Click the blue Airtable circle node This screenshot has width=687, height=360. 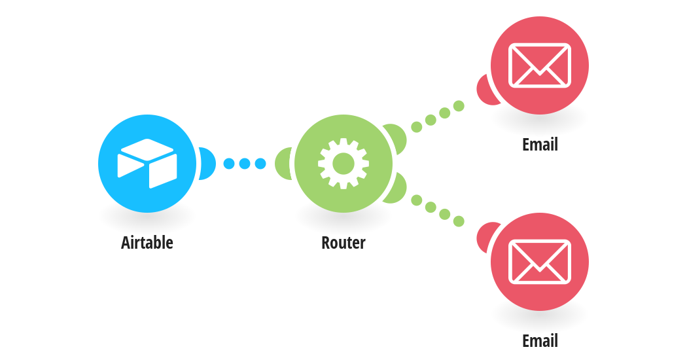tap(147, 164)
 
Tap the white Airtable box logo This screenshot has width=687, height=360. tap(147, 164)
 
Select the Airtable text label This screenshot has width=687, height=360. tap(147, 242)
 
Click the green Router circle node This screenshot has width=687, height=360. tap(343, 164)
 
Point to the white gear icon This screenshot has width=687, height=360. tap(343, 164)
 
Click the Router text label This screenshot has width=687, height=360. tap(343, 242)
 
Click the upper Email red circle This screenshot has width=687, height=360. tap(540, 65)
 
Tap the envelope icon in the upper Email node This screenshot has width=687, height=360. tap(540, 65)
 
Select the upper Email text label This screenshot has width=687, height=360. tap(540, 144)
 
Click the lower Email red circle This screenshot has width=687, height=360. tap(540, 262)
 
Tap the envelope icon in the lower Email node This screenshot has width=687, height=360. tap(540, 262)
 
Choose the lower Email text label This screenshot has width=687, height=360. tap(540, 341)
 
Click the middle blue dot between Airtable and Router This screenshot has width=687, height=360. tap(245, 164)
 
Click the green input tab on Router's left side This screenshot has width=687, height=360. tap(283, 164)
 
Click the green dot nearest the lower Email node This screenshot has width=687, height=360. tap(459, 221)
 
